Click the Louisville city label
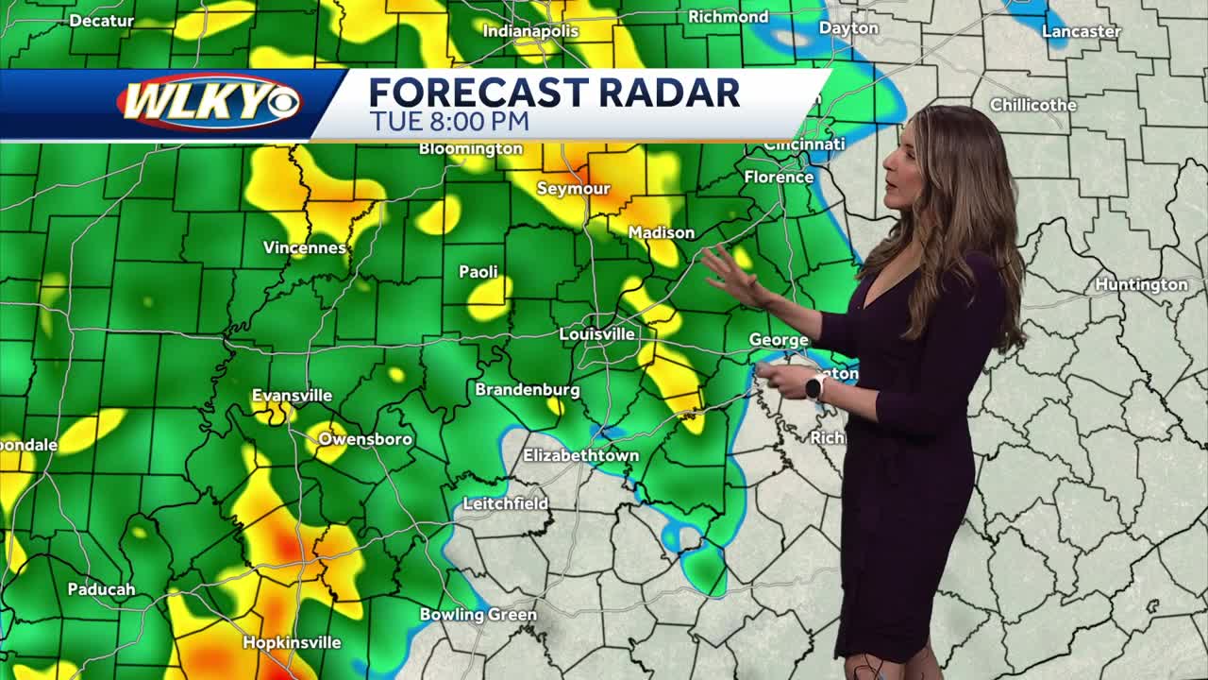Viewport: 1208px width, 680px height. coord(596,334)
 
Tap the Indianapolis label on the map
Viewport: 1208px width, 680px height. coord(530,31)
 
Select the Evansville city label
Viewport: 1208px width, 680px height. coord(292,396)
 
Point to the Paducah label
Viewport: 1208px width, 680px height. coord(101,589)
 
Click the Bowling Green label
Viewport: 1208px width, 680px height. coord(478,615)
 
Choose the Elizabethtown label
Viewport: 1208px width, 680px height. coord(580,455)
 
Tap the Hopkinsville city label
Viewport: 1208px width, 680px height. coord(292,642)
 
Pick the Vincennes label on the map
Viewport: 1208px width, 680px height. coord(304,247)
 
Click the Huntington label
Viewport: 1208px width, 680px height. coord(1141,284)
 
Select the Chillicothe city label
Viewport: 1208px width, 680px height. coord(1032,105)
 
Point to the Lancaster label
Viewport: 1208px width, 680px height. coord(1081,31)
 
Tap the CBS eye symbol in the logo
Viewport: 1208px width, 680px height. coord(281,102)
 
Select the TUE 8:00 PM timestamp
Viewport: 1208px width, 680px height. coord(448,122)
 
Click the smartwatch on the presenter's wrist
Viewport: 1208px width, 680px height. coord(814,385)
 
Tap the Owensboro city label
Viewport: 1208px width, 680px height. coord(364,439)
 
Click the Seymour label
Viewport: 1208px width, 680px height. coord(573,189)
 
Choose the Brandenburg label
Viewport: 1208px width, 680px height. coord(527,389)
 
